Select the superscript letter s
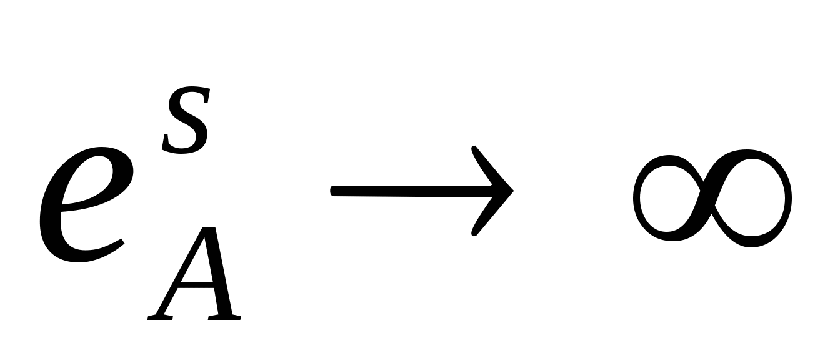[x=186, y=122]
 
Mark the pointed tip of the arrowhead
[x=512, y=191]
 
